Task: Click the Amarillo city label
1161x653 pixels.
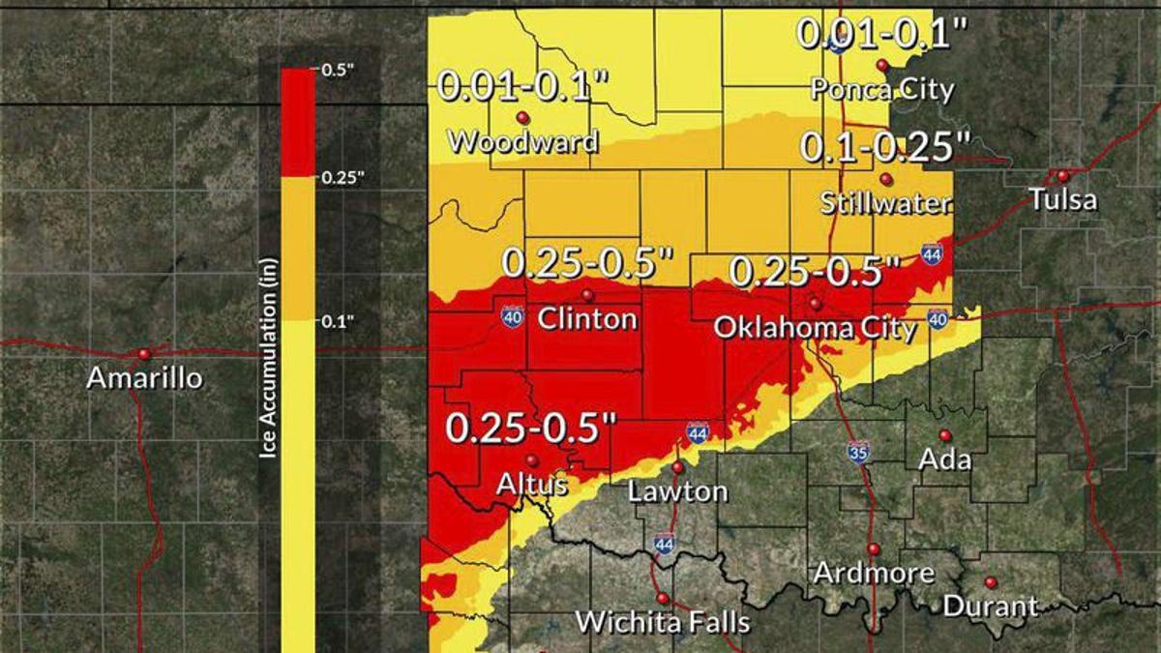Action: tap(145, 377)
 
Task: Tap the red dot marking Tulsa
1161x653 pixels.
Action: tap(1062, 176)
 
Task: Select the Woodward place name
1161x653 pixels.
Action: tap(523, 142)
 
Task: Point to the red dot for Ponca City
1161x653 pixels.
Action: tap(882, 65)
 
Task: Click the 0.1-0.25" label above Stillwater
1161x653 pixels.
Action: tap(884, 148)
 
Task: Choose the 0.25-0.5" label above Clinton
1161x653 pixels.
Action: tap(586, 263)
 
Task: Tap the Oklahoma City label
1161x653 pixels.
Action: tap(815, 329)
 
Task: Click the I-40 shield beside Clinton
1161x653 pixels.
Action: tap(513, 316)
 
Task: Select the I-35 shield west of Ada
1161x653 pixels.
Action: tap(858, 452)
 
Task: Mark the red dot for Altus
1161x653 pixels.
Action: tap(531, 460)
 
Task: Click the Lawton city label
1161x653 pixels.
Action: tap(677, 490)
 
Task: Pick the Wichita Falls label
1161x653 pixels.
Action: tap(663, 622)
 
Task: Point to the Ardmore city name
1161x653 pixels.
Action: tap(873, 573)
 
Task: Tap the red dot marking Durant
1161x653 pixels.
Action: tap(990, 582)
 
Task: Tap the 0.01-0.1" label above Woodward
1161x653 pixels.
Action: tap(523, 85)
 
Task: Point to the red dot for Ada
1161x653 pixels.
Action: tap(945, 435)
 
